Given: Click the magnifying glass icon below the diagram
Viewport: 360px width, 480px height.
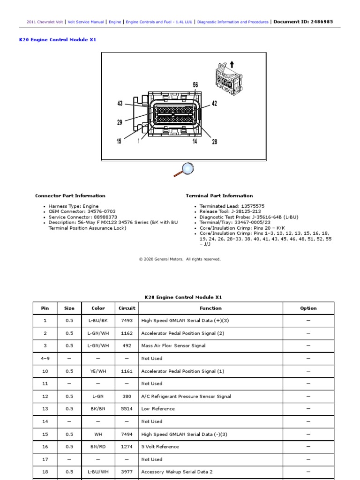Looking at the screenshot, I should coord(183,169).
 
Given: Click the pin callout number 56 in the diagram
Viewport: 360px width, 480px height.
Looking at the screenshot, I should coord(195,85).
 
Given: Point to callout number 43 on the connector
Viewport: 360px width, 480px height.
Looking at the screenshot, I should coord(120,104).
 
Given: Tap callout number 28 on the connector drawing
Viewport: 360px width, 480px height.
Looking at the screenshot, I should coord(214,142).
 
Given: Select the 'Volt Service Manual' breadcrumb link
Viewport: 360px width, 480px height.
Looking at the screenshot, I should coord(86,22).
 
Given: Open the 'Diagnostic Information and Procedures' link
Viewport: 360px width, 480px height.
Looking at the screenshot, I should coord(232,22).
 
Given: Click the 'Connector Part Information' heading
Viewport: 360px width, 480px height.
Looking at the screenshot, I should coord(70,196).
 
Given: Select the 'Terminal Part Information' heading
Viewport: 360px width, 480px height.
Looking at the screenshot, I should coord(219,196).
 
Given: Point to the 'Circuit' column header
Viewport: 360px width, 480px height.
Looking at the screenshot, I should coord(127,308).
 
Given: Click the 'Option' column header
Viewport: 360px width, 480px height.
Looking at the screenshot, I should coord(308,308).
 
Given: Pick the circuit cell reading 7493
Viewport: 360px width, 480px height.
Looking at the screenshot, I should coord(127,321).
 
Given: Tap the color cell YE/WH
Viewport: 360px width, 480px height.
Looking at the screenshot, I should coord(98,371).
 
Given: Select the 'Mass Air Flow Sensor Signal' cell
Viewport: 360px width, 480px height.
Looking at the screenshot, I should coord(173,346).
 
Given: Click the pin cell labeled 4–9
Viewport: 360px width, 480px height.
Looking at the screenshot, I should coord(45,359).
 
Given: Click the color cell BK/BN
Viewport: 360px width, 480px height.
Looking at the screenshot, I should coord(98,409).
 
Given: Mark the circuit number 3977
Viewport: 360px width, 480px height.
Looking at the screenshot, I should coord(127,472).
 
